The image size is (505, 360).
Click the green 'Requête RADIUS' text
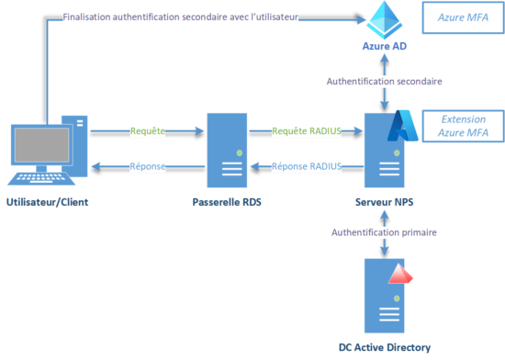point(308,131)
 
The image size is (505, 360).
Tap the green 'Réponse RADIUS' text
point(308,166)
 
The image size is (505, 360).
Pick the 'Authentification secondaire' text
point(385,81)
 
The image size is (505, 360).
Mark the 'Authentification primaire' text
point(385,232)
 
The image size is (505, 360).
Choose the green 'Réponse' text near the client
point(147,166)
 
